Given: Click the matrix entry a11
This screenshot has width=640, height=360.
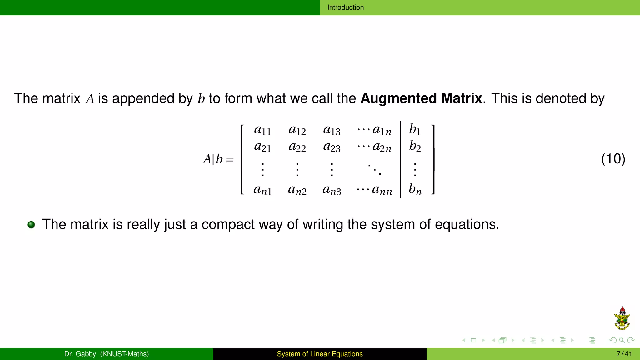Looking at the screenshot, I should pos(262,130).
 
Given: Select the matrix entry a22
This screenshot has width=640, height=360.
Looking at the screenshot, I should pos(297,147).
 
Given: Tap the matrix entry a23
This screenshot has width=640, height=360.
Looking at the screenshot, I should pos(332,147).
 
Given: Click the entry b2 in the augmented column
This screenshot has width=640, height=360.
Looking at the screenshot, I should pos(415,146).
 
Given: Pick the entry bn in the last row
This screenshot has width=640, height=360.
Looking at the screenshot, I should pos(415,189).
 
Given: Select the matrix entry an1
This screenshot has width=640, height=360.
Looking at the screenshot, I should pos(262,190).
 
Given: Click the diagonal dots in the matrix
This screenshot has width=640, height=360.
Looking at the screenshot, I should pos(374,169).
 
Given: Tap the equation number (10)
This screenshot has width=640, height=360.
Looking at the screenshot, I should pos(613,159).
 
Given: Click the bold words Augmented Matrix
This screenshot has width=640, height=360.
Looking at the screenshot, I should pos(421,98).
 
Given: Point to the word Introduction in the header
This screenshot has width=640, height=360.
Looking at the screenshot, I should pos(345,7).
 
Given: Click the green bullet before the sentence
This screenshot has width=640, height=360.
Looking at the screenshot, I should pos(31,225).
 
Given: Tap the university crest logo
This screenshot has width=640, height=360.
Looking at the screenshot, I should pos(622,319).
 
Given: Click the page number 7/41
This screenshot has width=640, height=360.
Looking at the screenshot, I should pos(624,354).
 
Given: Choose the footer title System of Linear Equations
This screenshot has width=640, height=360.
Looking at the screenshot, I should pos(320,354).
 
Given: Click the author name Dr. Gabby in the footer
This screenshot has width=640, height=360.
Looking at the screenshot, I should pos(80,354).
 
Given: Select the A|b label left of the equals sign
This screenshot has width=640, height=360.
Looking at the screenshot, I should pos(213,159).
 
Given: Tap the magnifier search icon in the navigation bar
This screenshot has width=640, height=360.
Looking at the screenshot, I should pos(622,341).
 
